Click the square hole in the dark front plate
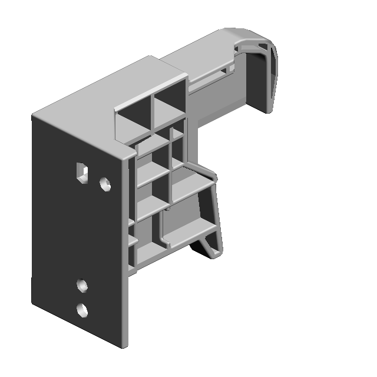[82, 172]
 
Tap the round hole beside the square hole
[105, 185]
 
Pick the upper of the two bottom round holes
[82, 286]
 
